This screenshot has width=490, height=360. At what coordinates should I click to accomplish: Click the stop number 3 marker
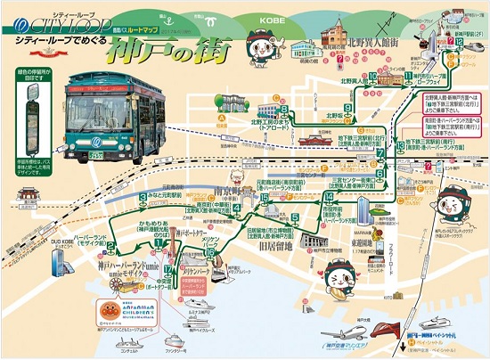[143, 197]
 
